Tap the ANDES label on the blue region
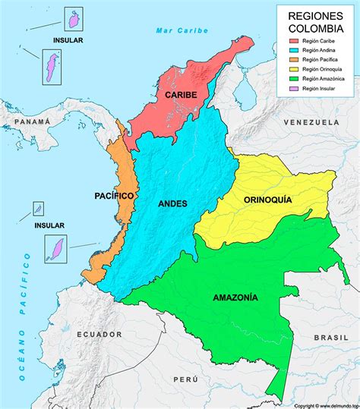(174, 203)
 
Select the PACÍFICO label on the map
(114, 196)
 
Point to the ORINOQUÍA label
(267, 200)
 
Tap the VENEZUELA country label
(311, 122)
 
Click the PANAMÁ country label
(31, 121)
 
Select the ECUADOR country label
(99, 334)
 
